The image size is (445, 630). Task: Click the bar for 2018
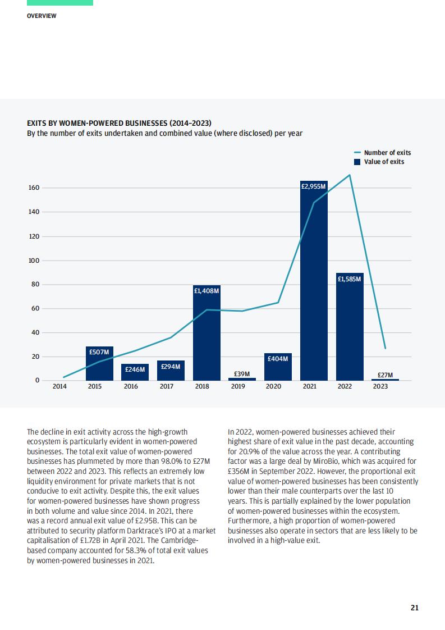click(207, 332)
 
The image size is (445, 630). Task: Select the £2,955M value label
click(314, 186)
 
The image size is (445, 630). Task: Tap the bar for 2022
click(350, 327)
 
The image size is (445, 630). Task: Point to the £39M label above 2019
click(242, 374)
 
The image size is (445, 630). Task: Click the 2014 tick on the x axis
click(59, 386)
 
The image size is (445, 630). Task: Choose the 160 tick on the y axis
click(34, 188)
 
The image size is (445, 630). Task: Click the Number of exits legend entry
click(383, 153)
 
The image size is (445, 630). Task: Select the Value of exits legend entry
click(379, 162)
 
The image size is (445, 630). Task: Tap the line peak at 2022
click(350, 175)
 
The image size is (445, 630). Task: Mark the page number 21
click(415, 608)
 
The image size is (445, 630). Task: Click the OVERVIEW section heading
click(42, 16)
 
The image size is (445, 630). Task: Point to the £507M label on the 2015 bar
click(99, 352)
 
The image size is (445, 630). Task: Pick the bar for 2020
click(278, 367)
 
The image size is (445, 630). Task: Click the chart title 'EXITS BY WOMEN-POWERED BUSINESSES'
click(120, 123)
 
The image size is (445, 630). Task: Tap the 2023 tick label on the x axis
click(380, 386)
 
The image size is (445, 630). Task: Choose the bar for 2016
click(135, 372)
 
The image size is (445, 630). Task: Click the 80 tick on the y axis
click(36, 285)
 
